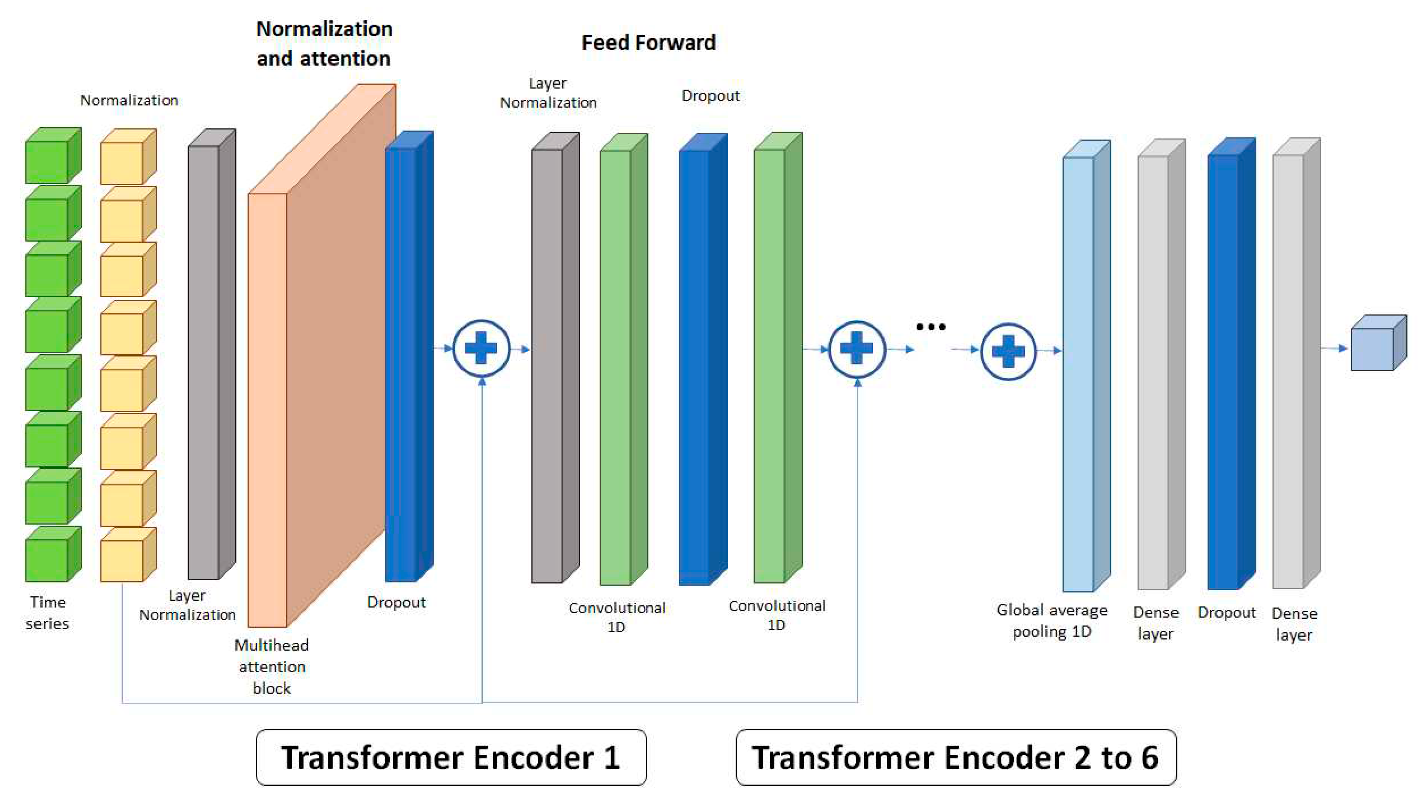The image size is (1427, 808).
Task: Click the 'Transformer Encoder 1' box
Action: pyautogui.click(x=451, y=757)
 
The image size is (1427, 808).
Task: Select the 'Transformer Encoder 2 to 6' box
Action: pyautogui.click(x=955, y=757)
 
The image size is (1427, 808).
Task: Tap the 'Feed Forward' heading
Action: pyautogui.click(x=648, y=42)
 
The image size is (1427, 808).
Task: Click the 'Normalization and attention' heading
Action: pyautogui.click(x=324, y=44)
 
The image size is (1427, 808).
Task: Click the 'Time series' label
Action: pyautogui.click(x=47, y=613)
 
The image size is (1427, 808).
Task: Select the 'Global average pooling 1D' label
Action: pyautogui.click(x=1052, y=621)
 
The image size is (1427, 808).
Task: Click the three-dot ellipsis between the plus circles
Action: pyautogui.click(x=931, y=327)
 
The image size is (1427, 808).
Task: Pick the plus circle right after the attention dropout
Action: pyautogui.click(x=481, y=349)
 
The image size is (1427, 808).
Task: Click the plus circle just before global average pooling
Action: pyautogui.click(x=1008, y=351)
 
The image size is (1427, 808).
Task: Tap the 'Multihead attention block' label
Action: pyautogui.click(x=271, y=666)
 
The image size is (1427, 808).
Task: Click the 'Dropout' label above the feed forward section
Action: pyautogui.click(x=710, y=96)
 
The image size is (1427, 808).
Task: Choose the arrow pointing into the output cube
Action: pyautogui.click(x=1335, y=348)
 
